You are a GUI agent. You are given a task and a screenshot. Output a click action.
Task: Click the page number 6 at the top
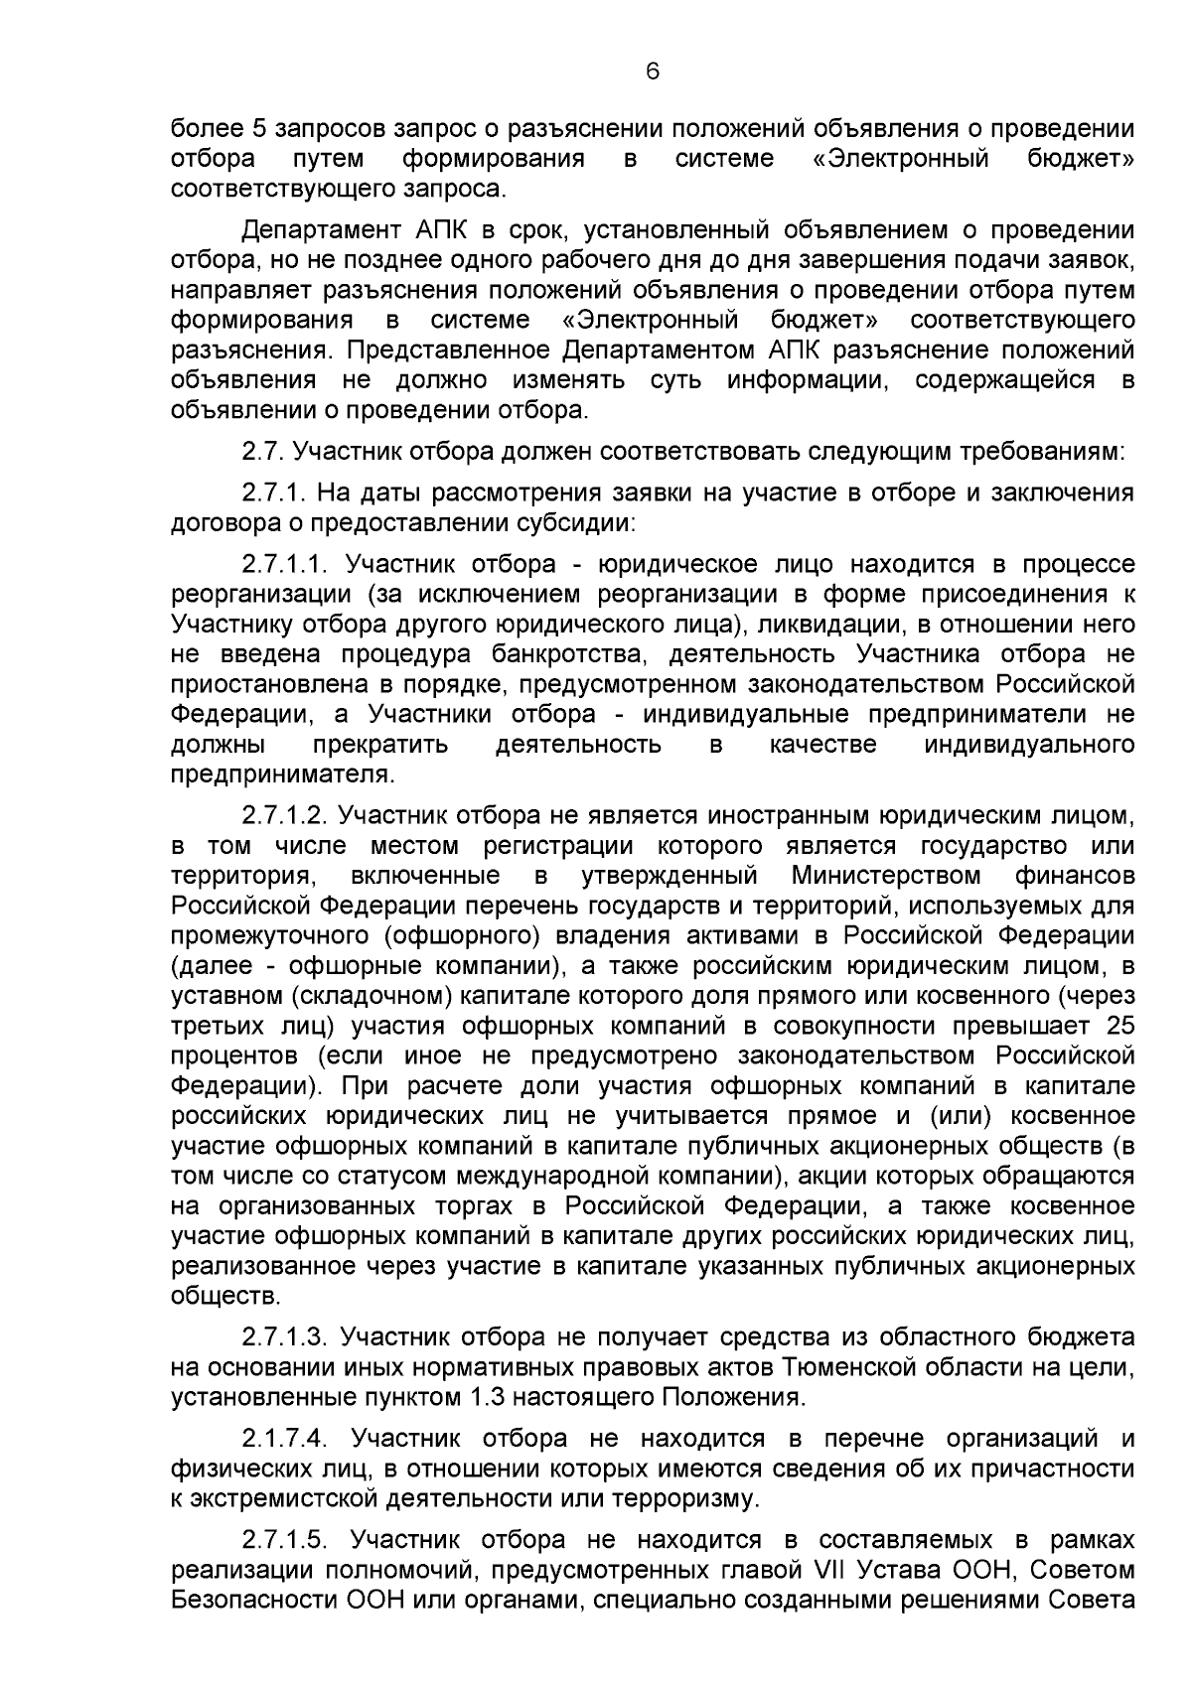click(x=652, y=70)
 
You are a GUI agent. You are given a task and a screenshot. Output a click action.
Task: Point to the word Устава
click(x=900, y=1570)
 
